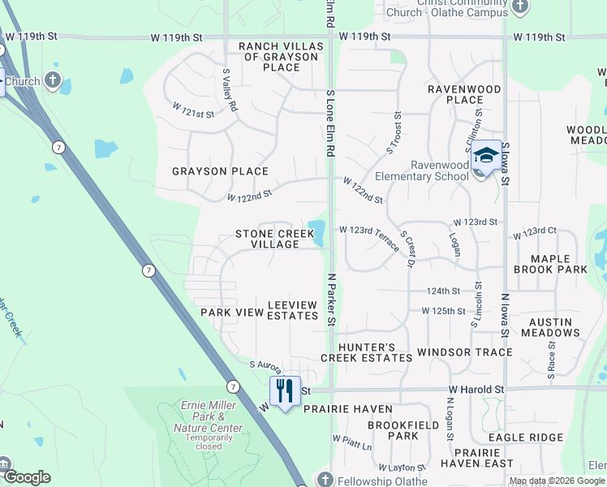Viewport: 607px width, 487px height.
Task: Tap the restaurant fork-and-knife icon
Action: point(285,391)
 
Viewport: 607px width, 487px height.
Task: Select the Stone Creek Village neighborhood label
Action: point(274,239)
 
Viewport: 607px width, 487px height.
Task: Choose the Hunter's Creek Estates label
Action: point(357,352)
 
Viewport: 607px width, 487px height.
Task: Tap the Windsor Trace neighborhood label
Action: point(464,352)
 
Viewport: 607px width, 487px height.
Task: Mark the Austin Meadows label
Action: point(550,327)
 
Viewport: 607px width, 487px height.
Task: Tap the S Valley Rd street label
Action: point(230,89)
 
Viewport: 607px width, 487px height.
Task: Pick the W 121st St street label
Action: point(193,110)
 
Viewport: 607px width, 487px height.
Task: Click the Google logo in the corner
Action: point(27,477)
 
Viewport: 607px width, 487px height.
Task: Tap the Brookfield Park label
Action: point(392,430)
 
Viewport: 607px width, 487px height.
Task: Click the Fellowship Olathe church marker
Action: point(325,479)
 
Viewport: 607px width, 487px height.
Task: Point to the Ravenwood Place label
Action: point(454,93)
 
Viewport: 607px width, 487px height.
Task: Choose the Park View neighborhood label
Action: point(232,312)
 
